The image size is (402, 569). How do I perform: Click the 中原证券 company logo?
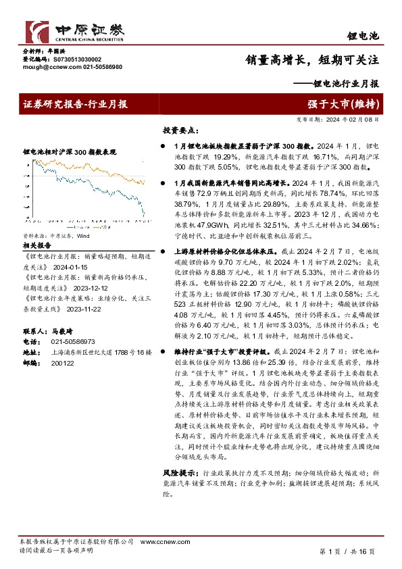pyautogui.click(x=74, y=30)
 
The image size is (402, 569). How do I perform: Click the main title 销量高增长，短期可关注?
pyautogui.click(x=311, y=60)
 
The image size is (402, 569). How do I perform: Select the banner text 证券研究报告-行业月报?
pyautogui.click(x=76, y=104)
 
